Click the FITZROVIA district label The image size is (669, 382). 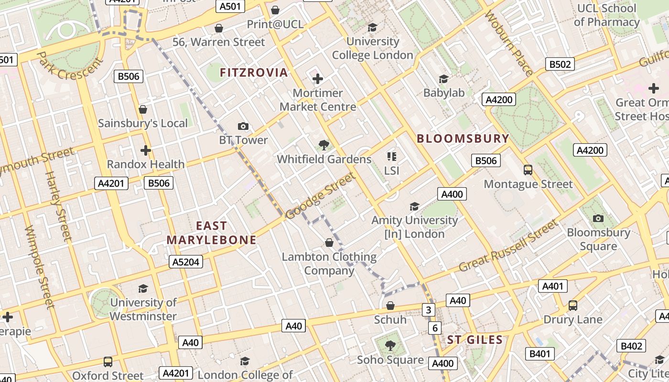pos(254,73)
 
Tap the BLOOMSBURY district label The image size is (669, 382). pos(463,138)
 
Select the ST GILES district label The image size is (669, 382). pos(475,340)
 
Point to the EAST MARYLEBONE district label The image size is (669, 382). pos(211,233)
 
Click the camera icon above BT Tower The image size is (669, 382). pos(243,126)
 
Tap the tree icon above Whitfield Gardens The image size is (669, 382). pos(324,145)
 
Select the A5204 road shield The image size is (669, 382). pos(186,262)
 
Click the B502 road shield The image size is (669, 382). pos(560,64)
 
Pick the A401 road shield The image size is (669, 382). pos(553,286)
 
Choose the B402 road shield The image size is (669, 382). pos(631,346)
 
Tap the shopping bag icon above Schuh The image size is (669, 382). pos(390,306)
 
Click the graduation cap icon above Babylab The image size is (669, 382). pos(444,79)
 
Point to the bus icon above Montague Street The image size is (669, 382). pos(528,170)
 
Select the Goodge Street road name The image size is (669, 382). pos(321,196)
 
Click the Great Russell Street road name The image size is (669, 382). pos(508,246)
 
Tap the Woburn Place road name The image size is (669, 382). pos(509,44)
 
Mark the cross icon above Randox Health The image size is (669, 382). pos(146,150)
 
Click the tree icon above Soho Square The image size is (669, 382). pos(390,345)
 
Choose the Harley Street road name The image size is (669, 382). pos(58,206)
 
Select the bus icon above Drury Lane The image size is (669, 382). pos(572,306)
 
